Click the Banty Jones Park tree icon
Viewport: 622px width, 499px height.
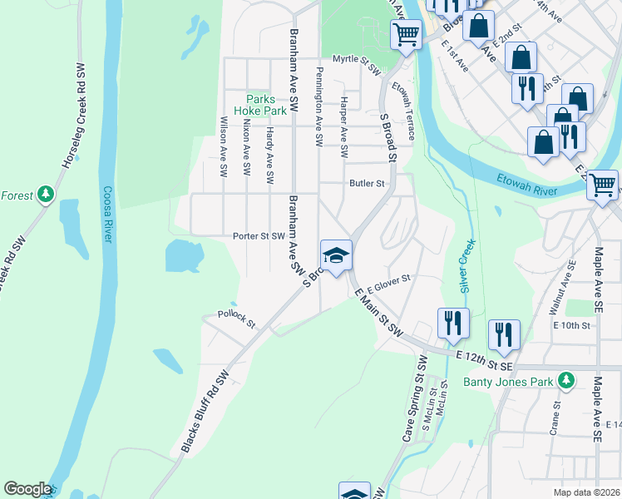point(566,380)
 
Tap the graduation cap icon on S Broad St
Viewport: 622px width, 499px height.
point(337,255)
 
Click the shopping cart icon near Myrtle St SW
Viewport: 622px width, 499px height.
point(406,34)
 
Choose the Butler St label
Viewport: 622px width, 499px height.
point(367,183)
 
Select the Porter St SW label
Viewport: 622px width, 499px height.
point(259,236)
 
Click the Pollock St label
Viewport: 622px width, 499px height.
point(236,314)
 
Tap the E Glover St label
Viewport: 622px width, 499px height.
point(389,282)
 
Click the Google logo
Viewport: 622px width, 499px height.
point(27,489)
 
